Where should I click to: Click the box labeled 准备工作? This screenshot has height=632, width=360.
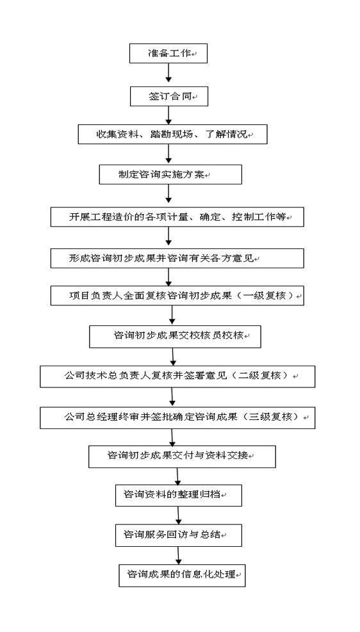(168, 53)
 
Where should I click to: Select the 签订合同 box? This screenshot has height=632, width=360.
(168, 97)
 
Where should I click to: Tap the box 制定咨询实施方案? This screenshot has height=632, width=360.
(170, 175)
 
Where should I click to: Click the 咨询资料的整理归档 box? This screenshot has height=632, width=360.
(179, 496)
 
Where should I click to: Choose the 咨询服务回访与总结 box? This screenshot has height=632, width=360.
(179, 535)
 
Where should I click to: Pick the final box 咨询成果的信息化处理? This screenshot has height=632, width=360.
(182, 575)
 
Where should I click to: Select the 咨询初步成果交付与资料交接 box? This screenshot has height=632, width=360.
(182, 457)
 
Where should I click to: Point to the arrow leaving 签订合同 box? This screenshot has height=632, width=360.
(168, 116)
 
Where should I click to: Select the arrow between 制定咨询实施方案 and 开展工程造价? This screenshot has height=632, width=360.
(169, 196)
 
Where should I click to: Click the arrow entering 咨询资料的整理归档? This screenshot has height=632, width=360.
(178, 476)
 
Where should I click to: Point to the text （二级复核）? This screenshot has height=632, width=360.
(262, 375)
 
